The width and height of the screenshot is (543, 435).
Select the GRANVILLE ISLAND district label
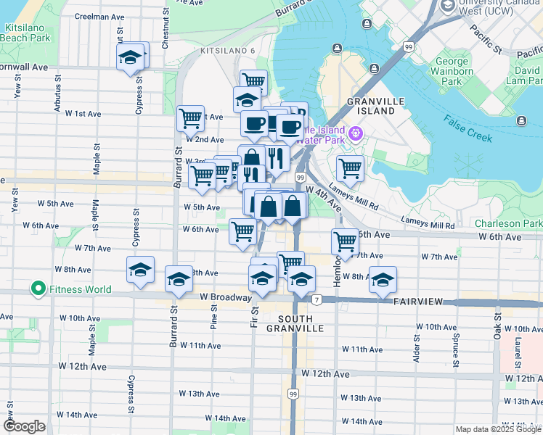point(371,106)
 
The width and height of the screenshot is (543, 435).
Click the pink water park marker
point(355,133)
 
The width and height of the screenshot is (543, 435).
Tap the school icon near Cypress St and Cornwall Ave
point(131,57)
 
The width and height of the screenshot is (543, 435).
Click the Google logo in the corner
point(24,426)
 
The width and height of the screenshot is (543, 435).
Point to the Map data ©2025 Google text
point(498,429)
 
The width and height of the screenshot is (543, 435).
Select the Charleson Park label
point(508,224)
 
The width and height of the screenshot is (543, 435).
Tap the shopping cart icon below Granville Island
point(350,168)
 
